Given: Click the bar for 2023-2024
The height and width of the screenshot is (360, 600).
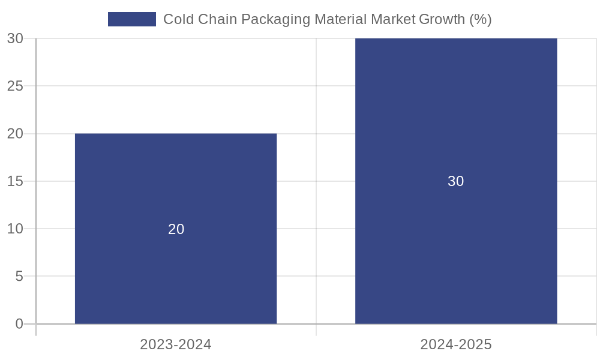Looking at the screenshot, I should click(x=176, y=180).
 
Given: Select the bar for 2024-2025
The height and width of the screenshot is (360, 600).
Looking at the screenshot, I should click(x=456, y=120).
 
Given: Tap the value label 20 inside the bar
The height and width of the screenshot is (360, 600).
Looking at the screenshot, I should click(x=176, y=229).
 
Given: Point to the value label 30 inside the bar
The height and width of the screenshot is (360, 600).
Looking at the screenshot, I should click(x=456, y=181).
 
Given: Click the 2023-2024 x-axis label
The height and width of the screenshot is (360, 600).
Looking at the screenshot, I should click(x=176, y=344).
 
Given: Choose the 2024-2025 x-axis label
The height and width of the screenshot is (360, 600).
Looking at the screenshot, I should click(x=456, y=344).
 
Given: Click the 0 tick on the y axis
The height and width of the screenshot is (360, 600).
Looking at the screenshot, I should click(x=19, y=324).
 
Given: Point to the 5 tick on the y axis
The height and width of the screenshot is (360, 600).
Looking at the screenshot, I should click(x=19, y=277).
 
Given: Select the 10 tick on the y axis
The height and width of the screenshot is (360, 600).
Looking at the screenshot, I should click(x=15, y=229).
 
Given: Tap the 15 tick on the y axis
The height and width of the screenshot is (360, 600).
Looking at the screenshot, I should click(x=15, y=181).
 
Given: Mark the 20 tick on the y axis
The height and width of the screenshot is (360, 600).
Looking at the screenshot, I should click(x=15, y=134).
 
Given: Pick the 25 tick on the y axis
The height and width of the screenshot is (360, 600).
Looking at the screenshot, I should click(x=15, y=86).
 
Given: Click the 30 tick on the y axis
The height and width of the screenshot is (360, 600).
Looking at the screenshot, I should click(x=15, y=38).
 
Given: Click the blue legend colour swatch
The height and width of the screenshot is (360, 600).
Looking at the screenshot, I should click(x=132, y=19).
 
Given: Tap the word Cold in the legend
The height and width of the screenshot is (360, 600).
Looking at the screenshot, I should click(x=178, y=19).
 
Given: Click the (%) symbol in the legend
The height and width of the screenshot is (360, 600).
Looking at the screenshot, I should click(x=481, y=19).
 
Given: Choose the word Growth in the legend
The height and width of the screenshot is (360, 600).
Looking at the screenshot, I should click(x=442, y=19).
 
